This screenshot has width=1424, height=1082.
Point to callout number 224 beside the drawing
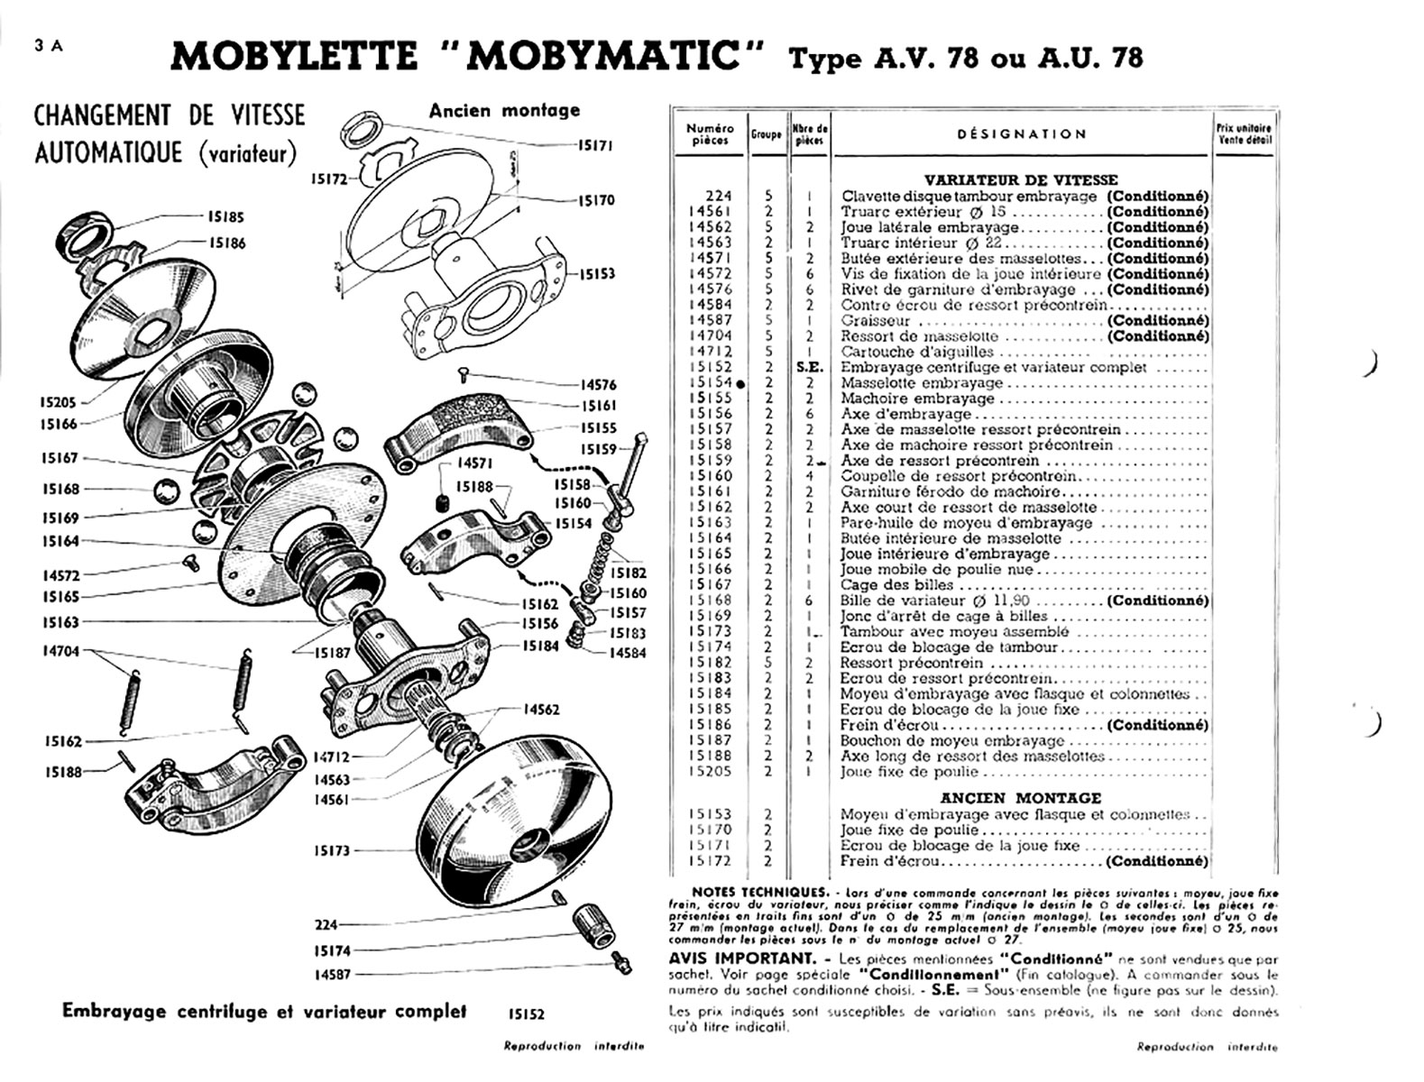(326, 925)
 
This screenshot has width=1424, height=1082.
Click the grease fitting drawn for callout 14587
(617, 965)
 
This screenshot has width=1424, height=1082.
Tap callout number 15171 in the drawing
(595, 144)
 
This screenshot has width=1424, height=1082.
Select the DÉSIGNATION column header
(1021, 134)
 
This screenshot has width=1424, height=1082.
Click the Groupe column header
(766, 134)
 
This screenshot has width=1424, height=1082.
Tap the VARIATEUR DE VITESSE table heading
(1021, 179)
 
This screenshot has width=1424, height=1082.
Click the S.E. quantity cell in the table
(810, 367)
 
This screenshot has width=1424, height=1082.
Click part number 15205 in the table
(711, 772)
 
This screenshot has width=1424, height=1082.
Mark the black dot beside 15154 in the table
(740, 383)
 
